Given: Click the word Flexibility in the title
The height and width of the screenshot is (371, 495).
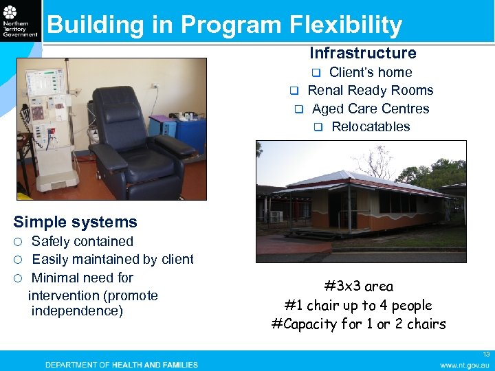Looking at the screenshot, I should (x=346, y=25).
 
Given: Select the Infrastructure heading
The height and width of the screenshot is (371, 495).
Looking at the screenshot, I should (x=362, y=53).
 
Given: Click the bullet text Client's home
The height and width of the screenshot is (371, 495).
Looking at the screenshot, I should (x=370, y=72).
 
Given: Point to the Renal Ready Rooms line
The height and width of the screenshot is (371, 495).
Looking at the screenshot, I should (x=370, y=90).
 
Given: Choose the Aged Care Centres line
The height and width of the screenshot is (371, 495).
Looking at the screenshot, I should (x=370, y=109).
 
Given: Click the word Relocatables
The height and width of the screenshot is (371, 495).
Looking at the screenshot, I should (x=370, y=126).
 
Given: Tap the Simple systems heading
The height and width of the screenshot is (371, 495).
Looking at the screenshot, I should (x=76, y=222).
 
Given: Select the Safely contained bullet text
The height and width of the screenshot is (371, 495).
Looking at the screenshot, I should (x=82, y=241).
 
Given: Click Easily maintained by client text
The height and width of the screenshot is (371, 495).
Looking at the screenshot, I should (x=113, y=259).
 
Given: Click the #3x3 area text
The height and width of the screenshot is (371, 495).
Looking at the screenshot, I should (x=359, y=286).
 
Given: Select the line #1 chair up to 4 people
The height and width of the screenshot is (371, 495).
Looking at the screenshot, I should (x=359, y=305).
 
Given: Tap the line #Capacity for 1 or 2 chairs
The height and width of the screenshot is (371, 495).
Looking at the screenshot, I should (x=359, y=324).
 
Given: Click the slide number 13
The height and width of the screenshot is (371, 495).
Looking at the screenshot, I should (x=485, y=354).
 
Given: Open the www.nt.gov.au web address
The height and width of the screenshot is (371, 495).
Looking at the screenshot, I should (x=465, y=365).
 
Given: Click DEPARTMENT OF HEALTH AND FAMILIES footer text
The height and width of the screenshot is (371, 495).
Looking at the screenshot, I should (x=122, y=365).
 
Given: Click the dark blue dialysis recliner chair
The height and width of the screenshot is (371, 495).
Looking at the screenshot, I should (x=131, y=144).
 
